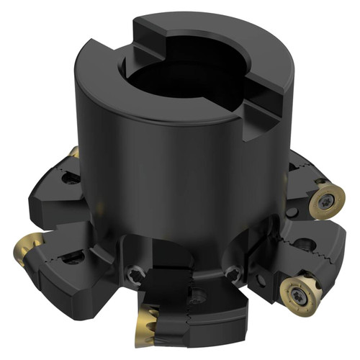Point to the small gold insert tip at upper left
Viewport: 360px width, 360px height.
(x=74, y=153)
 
